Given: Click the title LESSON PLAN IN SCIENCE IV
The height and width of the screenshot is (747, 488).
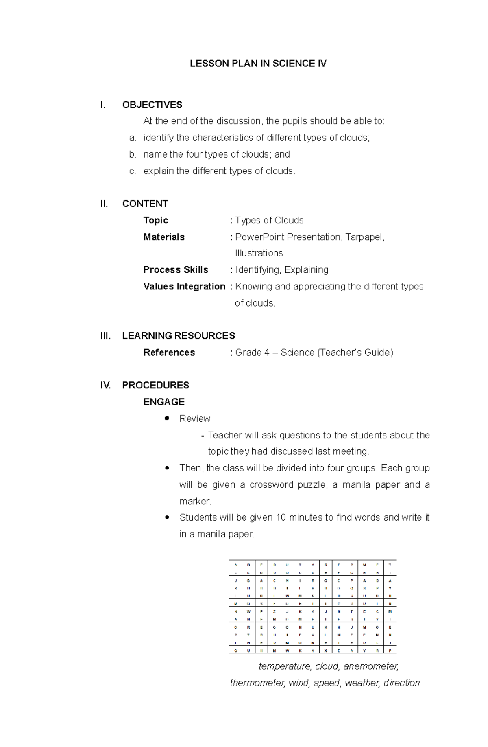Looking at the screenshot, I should point(258,64).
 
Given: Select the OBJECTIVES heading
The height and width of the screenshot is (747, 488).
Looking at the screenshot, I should point(152,105).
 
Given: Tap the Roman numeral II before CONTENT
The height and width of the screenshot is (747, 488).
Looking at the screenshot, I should point(104,204).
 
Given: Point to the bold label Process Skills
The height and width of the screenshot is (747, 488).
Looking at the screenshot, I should point(176,270).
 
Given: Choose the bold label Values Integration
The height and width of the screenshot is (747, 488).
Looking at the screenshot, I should point(184,287).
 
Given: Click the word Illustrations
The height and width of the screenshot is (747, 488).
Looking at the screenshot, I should point(259,253).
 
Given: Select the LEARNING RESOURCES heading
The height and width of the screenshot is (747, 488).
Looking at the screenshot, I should point(179,336).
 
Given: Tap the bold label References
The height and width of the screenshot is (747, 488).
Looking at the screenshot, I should point(169,353).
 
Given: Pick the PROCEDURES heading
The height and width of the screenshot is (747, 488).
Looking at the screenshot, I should point(156,385).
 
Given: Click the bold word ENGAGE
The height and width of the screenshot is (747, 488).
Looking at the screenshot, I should point(164,402).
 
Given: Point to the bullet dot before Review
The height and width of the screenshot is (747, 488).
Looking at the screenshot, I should point(167,418).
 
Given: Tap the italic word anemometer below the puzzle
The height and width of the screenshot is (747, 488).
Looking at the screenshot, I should point(370,666).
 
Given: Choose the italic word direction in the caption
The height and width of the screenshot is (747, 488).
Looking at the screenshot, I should point(401,683).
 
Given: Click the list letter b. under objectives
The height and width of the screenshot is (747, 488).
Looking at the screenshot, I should point(133,155).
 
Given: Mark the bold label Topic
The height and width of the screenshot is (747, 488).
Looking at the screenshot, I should point(155,221).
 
